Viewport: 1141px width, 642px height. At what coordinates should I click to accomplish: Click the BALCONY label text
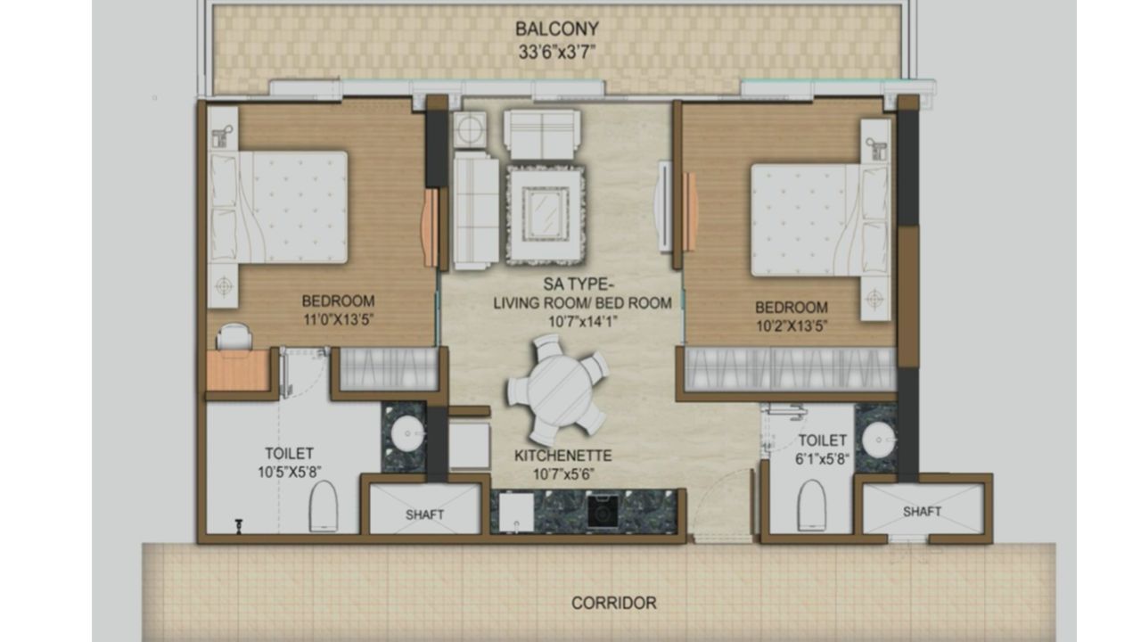tap(556, 29)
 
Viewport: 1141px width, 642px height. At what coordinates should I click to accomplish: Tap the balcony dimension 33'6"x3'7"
tap(556, 51)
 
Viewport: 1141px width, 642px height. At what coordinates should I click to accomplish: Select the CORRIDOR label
tap(614, 603)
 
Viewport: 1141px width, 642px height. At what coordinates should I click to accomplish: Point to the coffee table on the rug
tap(545, 214)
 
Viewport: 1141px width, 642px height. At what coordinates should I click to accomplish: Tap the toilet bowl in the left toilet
tap(323, 506)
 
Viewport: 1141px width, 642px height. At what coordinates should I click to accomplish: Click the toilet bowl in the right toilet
tap(812, 506)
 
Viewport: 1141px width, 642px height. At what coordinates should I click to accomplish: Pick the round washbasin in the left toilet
tap(406, 437)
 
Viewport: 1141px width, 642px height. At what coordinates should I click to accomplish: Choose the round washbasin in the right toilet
tap(879, 438)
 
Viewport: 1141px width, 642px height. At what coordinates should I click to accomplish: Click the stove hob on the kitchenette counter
tap(602, 512)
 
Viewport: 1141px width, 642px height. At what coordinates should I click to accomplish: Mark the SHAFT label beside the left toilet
tap(424, 514)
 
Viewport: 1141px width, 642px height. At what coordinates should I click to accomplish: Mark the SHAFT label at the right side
tap(922, 512)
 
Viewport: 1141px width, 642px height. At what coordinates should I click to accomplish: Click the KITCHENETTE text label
tap(562, 456)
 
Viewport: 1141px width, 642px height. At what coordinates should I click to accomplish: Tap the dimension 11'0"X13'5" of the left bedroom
tap(338, 318)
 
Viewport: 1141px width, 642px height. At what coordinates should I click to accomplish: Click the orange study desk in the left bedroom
tap(238, 370)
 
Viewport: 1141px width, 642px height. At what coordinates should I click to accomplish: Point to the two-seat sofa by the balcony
tap(541, 134)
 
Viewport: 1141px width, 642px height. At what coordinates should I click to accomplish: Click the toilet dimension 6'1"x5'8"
tap(822, 460)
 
